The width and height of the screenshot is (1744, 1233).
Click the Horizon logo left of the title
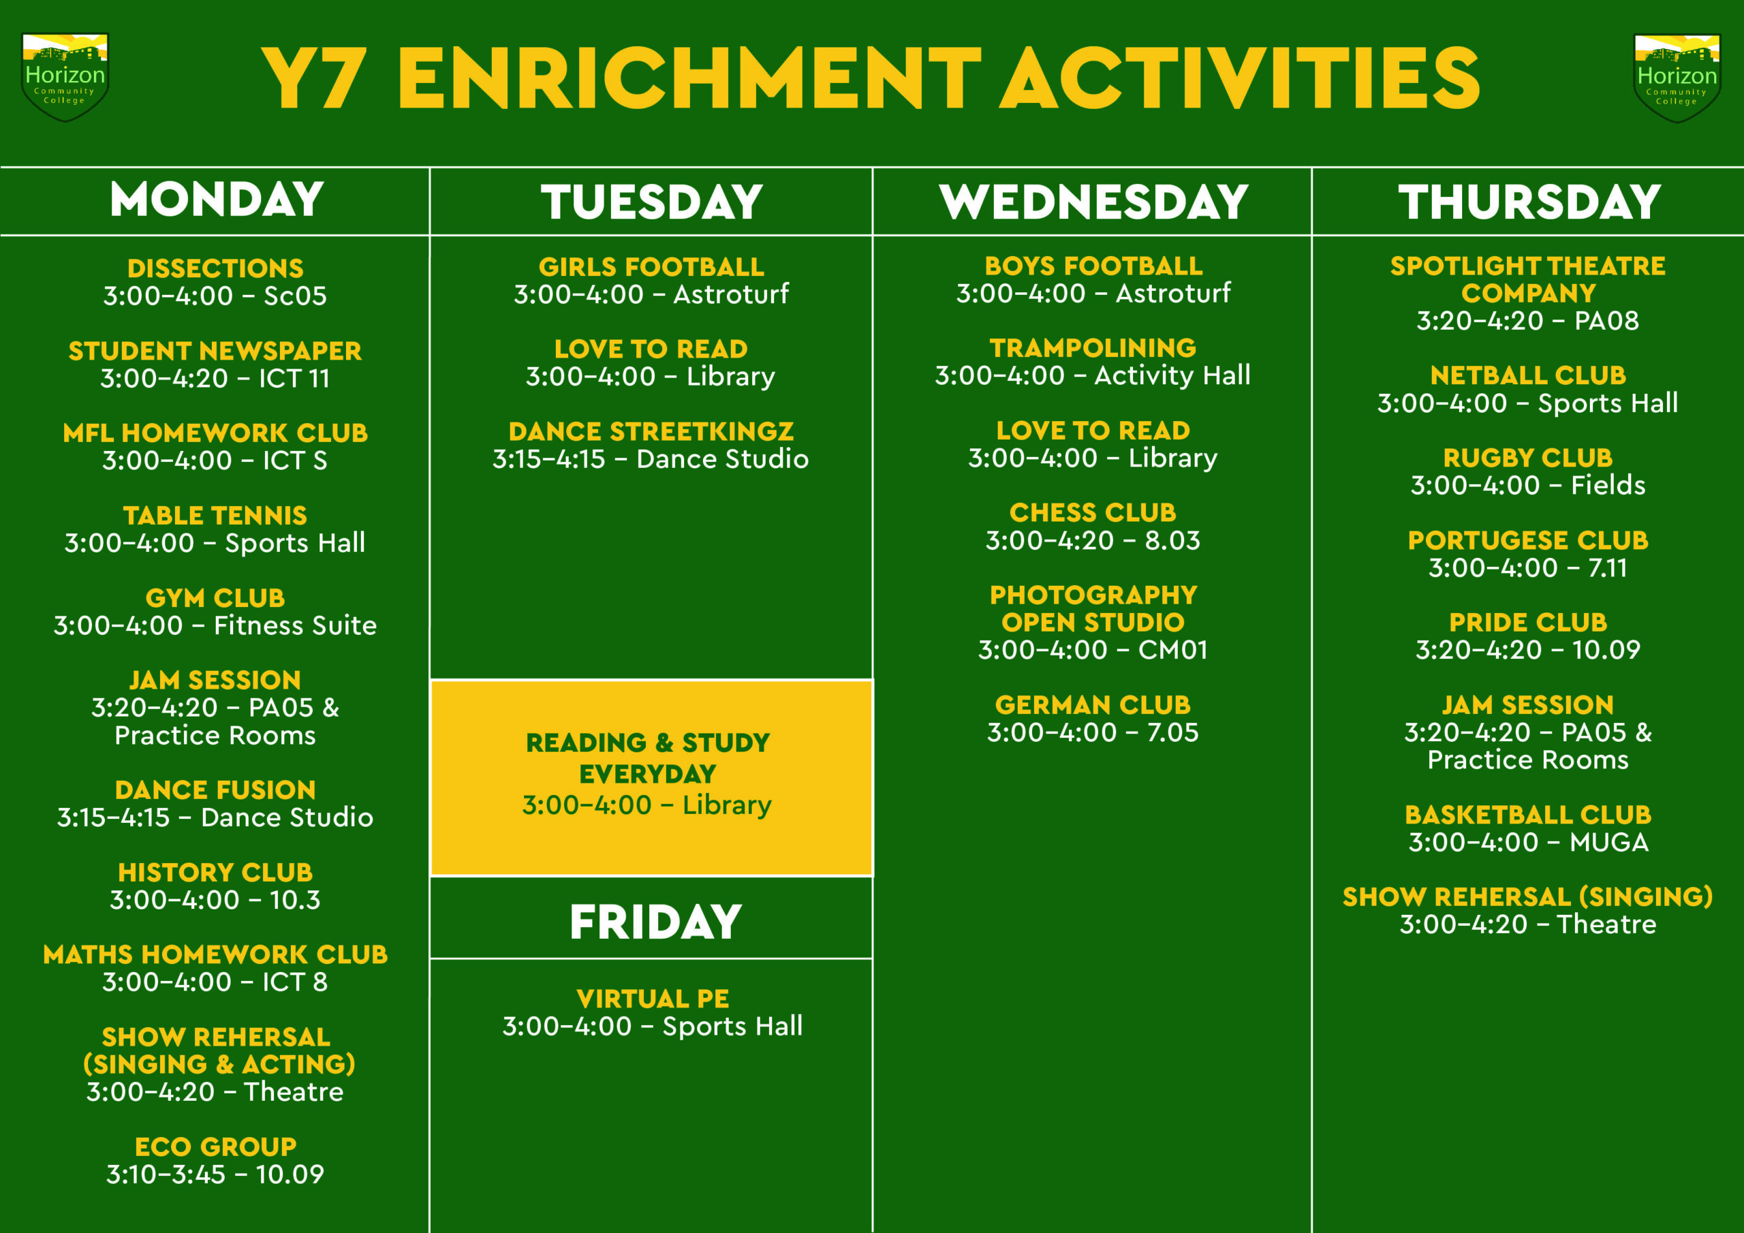(x=65, y=77)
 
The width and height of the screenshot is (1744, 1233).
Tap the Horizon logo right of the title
(x=1677, y=78)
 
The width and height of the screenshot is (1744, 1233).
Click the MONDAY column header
(x=217, y=200)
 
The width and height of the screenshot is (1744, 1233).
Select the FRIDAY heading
(x=655, y=922)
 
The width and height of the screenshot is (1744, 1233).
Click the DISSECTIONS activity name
(x=215, y=268)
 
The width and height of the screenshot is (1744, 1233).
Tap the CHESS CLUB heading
(x=1092, y=513)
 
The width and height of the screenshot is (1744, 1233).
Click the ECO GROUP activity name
(x=216, y=1146)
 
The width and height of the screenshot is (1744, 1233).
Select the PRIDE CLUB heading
(x=1528, y=623)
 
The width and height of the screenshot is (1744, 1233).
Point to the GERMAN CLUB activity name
(x=1093, y=705)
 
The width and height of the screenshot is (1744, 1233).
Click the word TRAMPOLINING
(x=1093, y=348)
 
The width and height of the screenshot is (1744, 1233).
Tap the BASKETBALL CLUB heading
(x=1528, y=815)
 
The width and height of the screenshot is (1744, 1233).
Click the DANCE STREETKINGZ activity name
(x=651, y=431)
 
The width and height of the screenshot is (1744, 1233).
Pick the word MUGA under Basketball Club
(x=1609, y=843)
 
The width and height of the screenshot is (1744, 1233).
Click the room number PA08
(x=1606, y=321)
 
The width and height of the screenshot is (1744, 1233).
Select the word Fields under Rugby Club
(x=1608, y=486)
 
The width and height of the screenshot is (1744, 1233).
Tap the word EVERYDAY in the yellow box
(x=648, y=774)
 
